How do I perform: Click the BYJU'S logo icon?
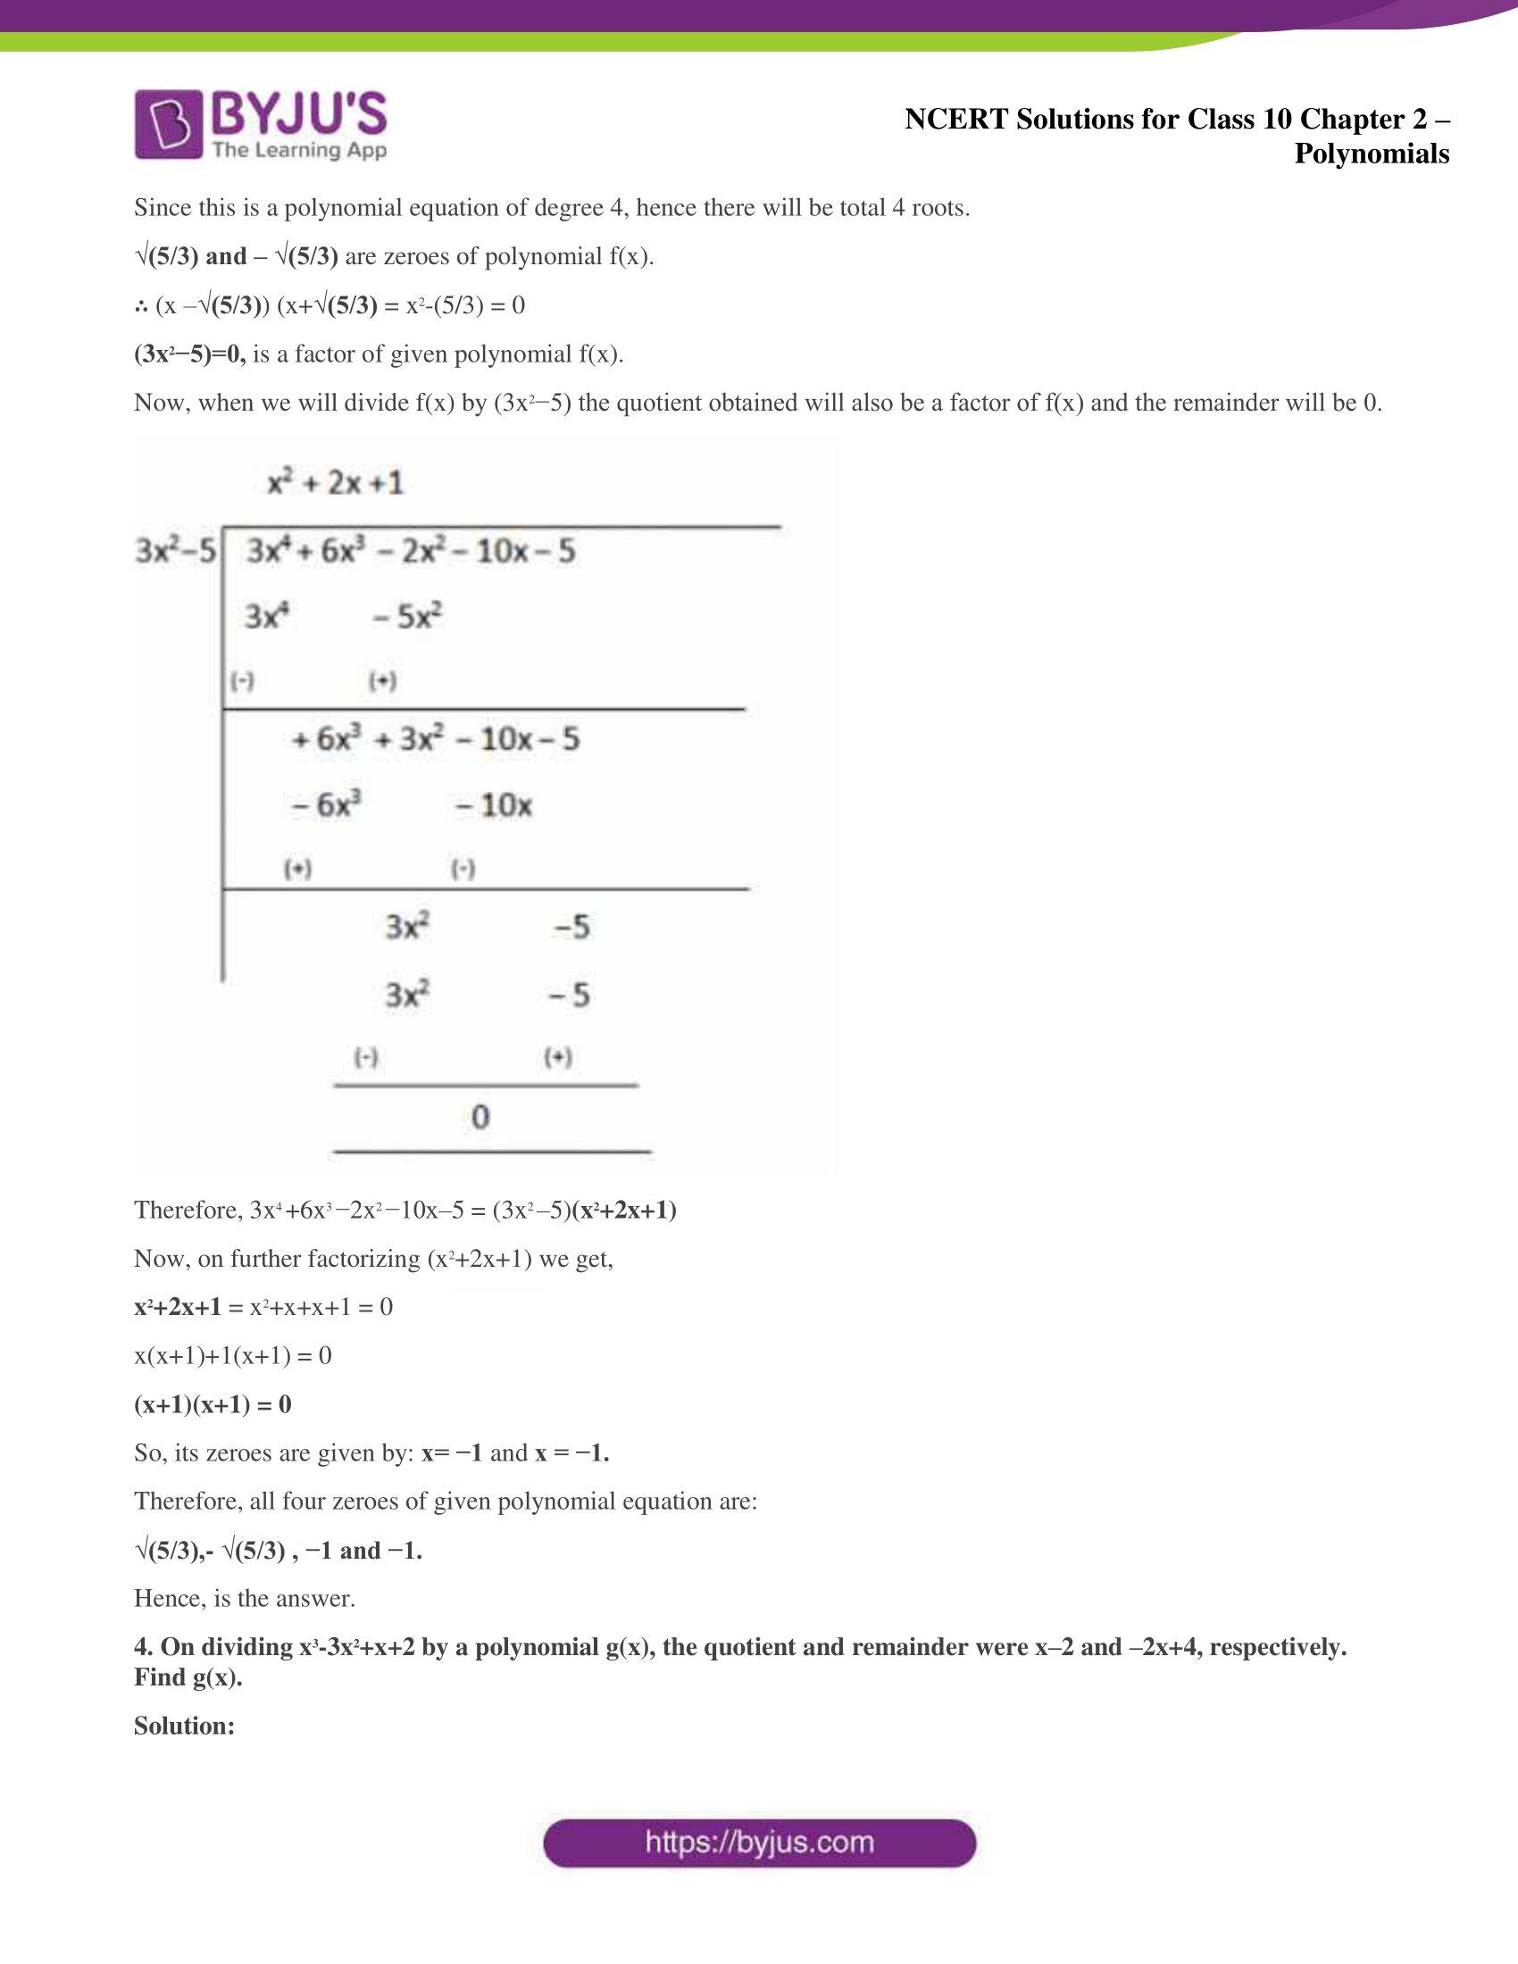[168, 124]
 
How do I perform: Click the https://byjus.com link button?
[759, 1843]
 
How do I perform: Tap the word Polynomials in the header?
[1372, 154]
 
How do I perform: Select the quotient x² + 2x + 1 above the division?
[336, 484]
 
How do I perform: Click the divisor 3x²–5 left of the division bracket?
[175, 549]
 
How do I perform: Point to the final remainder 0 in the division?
[480, 1117]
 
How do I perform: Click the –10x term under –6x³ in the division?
[494, 805]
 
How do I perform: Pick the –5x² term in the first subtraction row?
[407, 617]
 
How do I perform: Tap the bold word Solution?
[184, 1726]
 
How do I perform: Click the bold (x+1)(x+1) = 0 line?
[213, 1403]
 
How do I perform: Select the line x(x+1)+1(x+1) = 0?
[233, 1355]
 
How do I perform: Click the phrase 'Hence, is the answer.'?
[245, 1598]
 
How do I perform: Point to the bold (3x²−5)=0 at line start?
[188, 354]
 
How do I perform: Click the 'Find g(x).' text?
[188, 1677]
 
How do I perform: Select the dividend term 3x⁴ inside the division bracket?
[266, 550]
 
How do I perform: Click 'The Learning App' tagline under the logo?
[299, 149]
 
